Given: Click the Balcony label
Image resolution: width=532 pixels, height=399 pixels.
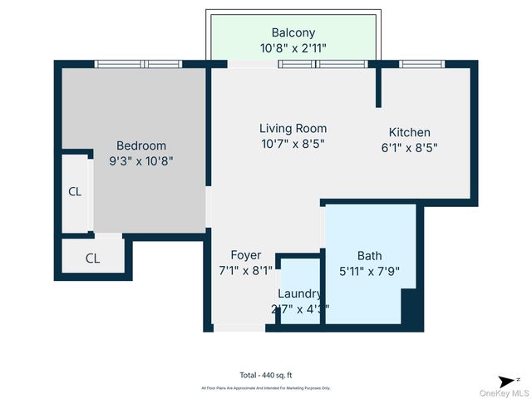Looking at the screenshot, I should coord(292,32).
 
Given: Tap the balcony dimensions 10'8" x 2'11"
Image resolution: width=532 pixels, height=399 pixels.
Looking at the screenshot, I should coord(292,47).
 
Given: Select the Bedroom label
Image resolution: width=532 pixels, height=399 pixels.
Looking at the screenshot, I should coord(140,145).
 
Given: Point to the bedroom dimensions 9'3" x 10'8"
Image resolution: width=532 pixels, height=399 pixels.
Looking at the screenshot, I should coord(140,161).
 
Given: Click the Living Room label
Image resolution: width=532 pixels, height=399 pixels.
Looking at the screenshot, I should coord(293,129).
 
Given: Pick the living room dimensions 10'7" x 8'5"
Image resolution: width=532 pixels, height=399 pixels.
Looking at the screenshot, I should coord(293,144).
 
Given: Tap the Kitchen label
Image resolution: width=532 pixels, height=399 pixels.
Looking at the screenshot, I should coord(410,132).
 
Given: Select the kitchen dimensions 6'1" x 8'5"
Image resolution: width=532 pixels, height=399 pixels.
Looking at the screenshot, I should coord(410,148).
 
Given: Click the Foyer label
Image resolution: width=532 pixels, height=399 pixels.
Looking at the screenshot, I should coord(245,255).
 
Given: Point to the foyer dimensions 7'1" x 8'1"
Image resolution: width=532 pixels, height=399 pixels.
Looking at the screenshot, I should coord(245,270).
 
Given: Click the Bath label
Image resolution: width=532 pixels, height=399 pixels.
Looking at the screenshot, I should coord(370,255).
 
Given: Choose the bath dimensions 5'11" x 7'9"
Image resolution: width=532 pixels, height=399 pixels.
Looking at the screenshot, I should coord(370,271).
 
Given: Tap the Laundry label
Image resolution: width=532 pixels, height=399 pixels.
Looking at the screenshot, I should coord(299,293).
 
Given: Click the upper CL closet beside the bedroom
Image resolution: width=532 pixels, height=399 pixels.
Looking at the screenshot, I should coord(75,192).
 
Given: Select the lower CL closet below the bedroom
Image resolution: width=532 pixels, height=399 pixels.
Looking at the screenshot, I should coord(92,259).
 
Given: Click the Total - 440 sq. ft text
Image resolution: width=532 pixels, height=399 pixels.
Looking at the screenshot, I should coord(266,375).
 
